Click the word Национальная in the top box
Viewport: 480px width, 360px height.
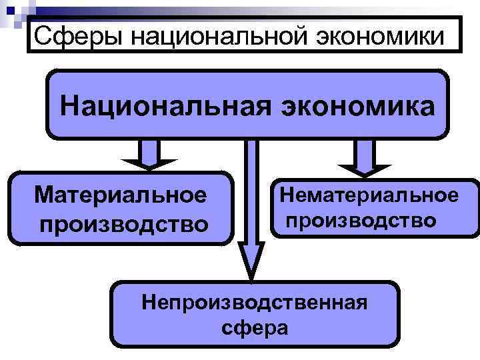160,105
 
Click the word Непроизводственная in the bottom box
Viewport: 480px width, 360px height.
255,303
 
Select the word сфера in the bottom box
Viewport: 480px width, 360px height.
255,327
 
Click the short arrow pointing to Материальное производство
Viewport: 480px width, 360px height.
150,155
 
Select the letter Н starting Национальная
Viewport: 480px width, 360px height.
69,105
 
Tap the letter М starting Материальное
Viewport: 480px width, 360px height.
47,195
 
